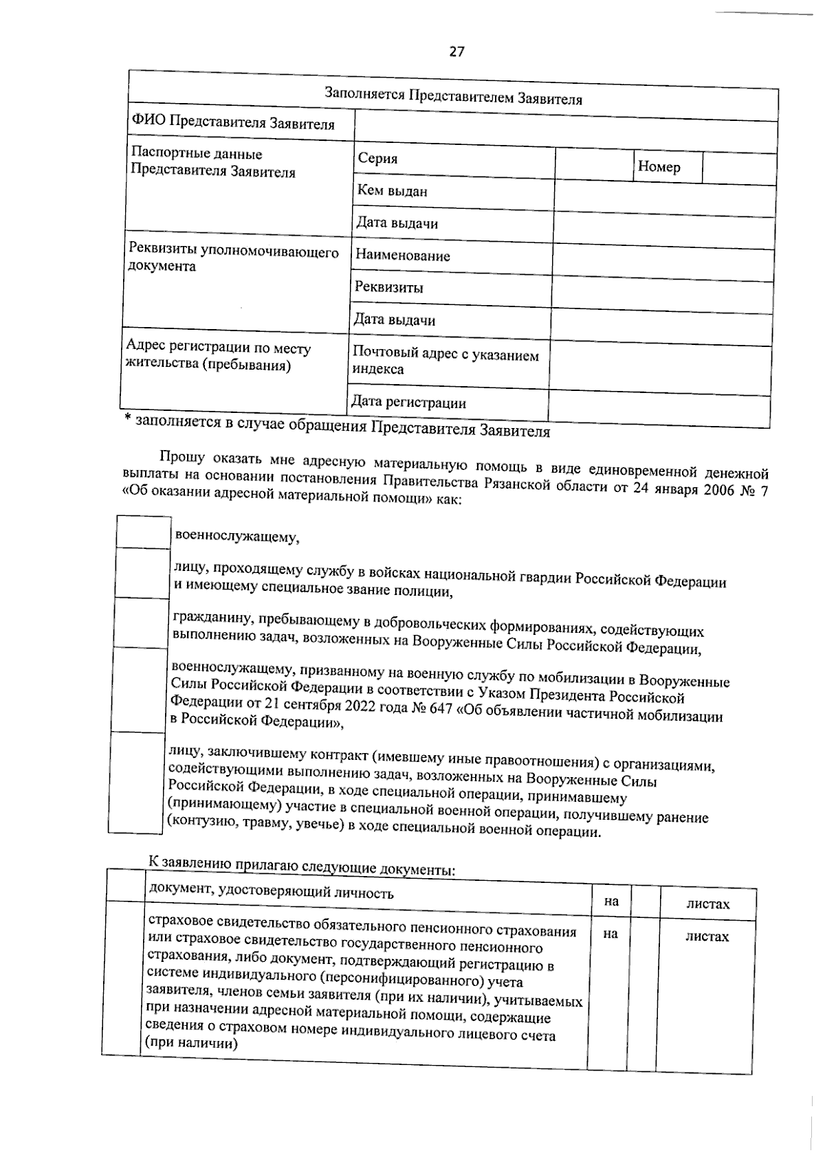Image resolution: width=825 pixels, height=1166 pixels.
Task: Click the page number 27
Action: pyautogui.click(x=457, y=52)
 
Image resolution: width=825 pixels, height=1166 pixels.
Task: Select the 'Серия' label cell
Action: pyautogui.click(x=454, y=161)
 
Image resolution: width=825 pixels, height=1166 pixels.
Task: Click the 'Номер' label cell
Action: pyautogui.click(x=666, y=167)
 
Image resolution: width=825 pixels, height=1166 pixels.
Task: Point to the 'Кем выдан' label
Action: pyautogui.click(x=392, y=191)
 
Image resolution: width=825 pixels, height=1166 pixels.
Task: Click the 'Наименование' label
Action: pyautogui.click(x=402, y=256)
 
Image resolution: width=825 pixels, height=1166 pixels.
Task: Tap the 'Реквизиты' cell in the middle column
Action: pyautogui.click(x=389, y=288)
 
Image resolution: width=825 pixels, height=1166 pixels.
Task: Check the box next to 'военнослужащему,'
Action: pyautogui.click(x=144, y=532)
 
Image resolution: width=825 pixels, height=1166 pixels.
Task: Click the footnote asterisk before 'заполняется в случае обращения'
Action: pyautogui.click(x=127, y=420)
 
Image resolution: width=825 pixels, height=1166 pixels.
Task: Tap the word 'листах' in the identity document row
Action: pyautogui.click(x=708, y=904)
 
